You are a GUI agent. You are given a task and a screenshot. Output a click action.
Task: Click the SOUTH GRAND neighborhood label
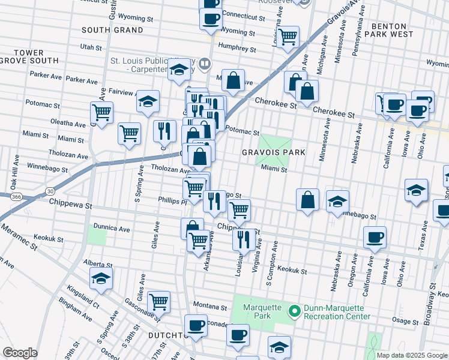(112, 30)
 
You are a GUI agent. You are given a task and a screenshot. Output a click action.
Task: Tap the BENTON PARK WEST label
(393, 30)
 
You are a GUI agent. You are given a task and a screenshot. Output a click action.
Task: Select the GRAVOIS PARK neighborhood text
(273, 152)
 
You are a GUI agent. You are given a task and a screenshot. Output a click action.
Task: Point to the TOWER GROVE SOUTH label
(29, 57)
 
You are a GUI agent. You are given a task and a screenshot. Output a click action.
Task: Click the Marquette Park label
(262, 312)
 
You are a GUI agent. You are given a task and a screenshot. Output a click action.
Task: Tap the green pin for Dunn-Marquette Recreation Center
(294, 311)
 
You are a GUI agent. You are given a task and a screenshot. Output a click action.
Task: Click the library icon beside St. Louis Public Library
(205, 64)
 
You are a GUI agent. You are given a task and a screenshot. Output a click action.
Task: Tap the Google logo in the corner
(20, 353)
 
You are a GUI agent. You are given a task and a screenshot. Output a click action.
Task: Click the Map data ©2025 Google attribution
(412, 355)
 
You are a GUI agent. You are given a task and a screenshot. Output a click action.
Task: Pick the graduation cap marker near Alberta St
(101, 278)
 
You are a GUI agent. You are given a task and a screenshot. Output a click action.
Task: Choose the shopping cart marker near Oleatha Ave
(101, 112)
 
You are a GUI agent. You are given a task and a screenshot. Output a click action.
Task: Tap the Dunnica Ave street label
(112, 229)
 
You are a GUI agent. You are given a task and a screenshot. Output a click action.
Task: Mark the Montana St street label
(210, 307)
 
